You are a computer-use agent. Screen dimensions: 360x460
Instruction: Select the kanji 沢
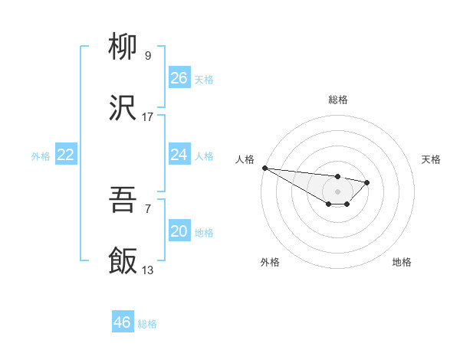coord(123,109)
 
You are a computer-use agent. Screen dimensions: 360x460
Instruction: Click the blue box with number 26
coord(179,78)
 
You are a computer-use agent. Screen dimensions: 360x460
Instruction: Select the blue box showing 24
coord(179,155)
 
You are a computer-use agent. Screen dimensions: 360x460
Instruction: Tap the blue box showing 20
coord(179,231)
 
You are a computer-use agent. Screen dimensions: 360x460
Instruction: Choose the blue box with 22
coord(66,155)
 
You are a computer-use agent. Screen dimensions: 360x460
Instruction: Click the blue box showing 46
coord(123,322)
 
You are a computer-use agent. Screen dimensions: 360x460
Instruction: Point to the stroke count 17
coord(148,117)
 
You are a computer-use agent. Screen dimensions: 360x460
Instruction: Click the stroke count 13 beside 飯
coord(148,270)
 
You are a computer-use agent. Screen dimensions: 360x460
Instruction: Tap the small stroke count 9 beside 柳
coord(148,56)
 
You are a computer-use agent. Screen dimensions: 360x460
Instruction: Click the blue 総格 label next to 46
coord(147,324)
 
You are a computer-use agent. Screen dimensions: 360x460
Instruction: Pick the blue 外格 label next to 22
coord(41,156)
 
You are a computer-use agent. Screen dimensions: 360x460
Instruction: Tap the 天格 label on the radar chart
coord(432,159)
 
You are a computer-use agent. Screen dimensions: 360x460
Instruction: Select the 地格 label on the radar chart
coord(402,262)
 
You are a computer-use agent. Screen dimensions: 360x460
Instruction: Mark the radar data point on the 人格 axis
coord(264,168)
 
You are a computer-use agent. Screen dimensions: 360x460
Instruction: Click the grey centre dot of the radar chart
coord(337,191)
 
